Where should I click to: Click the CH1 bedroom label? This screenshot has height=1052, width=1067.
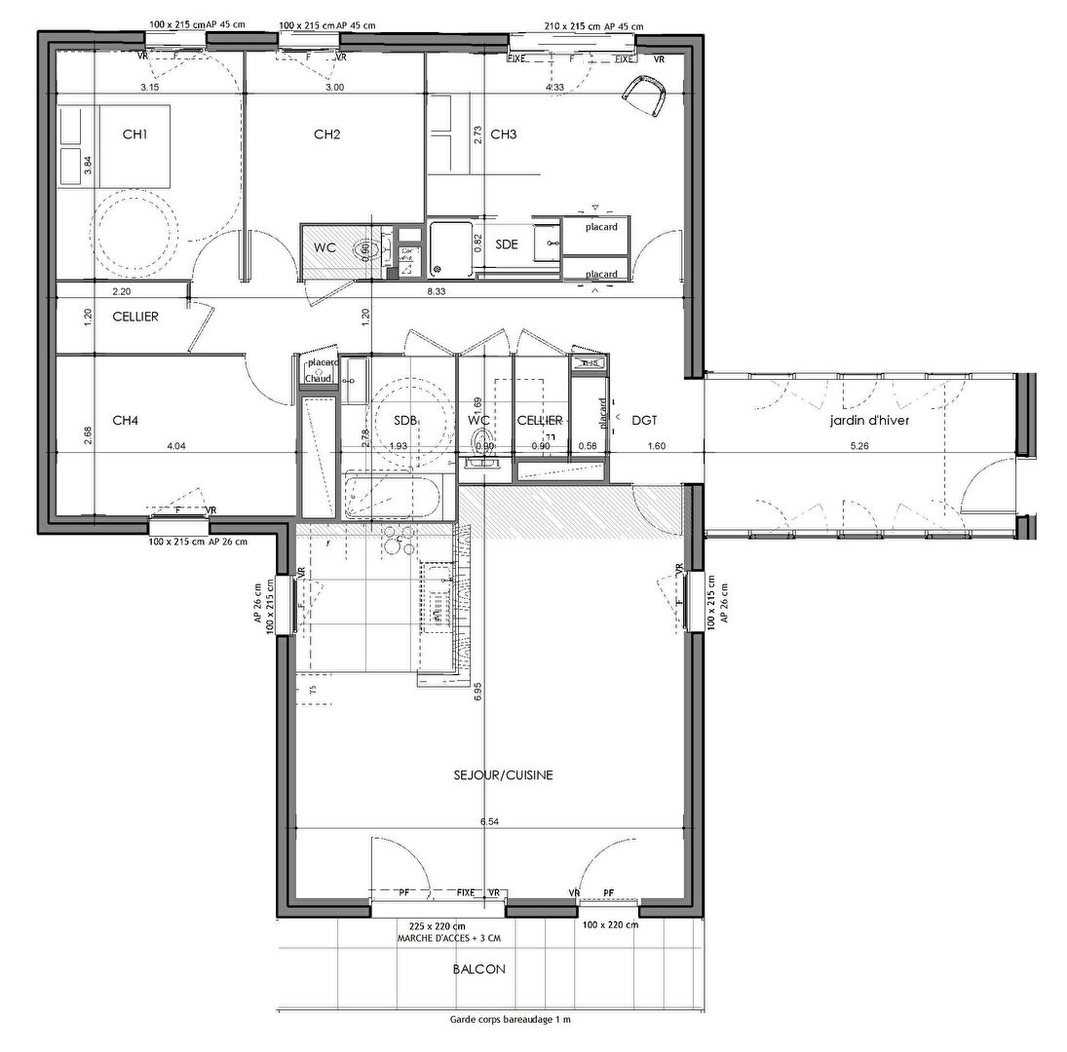point(134,134)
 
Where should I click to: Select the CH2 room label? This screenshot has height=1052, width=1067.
point(326,134)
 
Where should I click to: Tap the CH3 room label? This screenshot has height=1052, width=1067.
point(503,134)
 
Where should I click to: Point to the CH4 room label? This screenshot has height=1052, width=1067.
point(125,420)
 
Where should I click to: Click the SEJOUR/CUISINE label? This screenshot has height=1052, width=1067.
point(504,775)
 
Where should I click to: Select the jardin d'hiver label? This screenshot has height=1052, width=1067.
point(870,420)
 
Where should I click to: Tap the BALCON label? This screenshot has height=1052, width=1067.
point(478,970)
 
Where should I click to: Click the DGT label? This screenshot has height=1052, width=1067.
point(643,420)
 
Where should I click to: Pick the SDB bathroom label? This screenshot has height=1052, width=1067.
point(405,420)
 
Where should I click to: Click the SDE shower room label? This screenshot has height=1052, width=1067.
point(507,244)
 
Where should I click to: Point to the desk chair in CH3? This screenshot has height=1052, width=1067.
point(646,95)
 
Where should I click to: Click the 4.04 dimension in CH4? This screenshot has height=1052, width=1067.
point(176,446)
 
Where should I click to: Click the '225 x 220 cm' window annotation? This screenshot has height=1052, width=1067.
point(438,925)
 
